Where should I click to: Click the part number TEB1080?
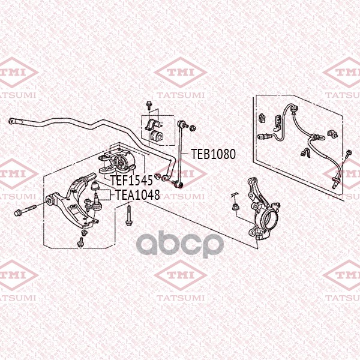[x=213, y=154]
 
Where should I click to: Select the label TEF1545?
[x=131, y=180]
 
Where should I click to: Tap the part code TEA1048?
[x=137, y=194]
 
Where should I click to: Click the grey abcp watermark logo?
[x=180, y=244]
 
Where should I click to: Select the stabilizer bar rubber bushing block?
[x=156, y=136]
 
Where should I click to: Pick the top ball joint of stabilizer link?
[x=181, y=124]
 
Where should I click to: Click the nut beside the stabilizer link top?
[x=193, y=128]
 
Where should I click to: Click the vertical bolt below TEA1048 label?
[x=129, y=216]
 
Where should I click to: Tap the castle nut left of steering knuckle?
[x=236, y=206]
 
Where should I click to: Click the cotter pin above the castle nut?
[x=234, y=194]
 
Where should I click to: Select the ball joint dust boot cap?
[x=95, y=185]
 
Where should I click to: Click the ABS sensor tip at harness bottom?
[x=334, y=185]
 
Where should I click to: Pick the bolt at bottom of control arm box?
[x=80, y=243]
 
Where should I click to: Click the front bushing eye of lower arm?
[x=50, y=200]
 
